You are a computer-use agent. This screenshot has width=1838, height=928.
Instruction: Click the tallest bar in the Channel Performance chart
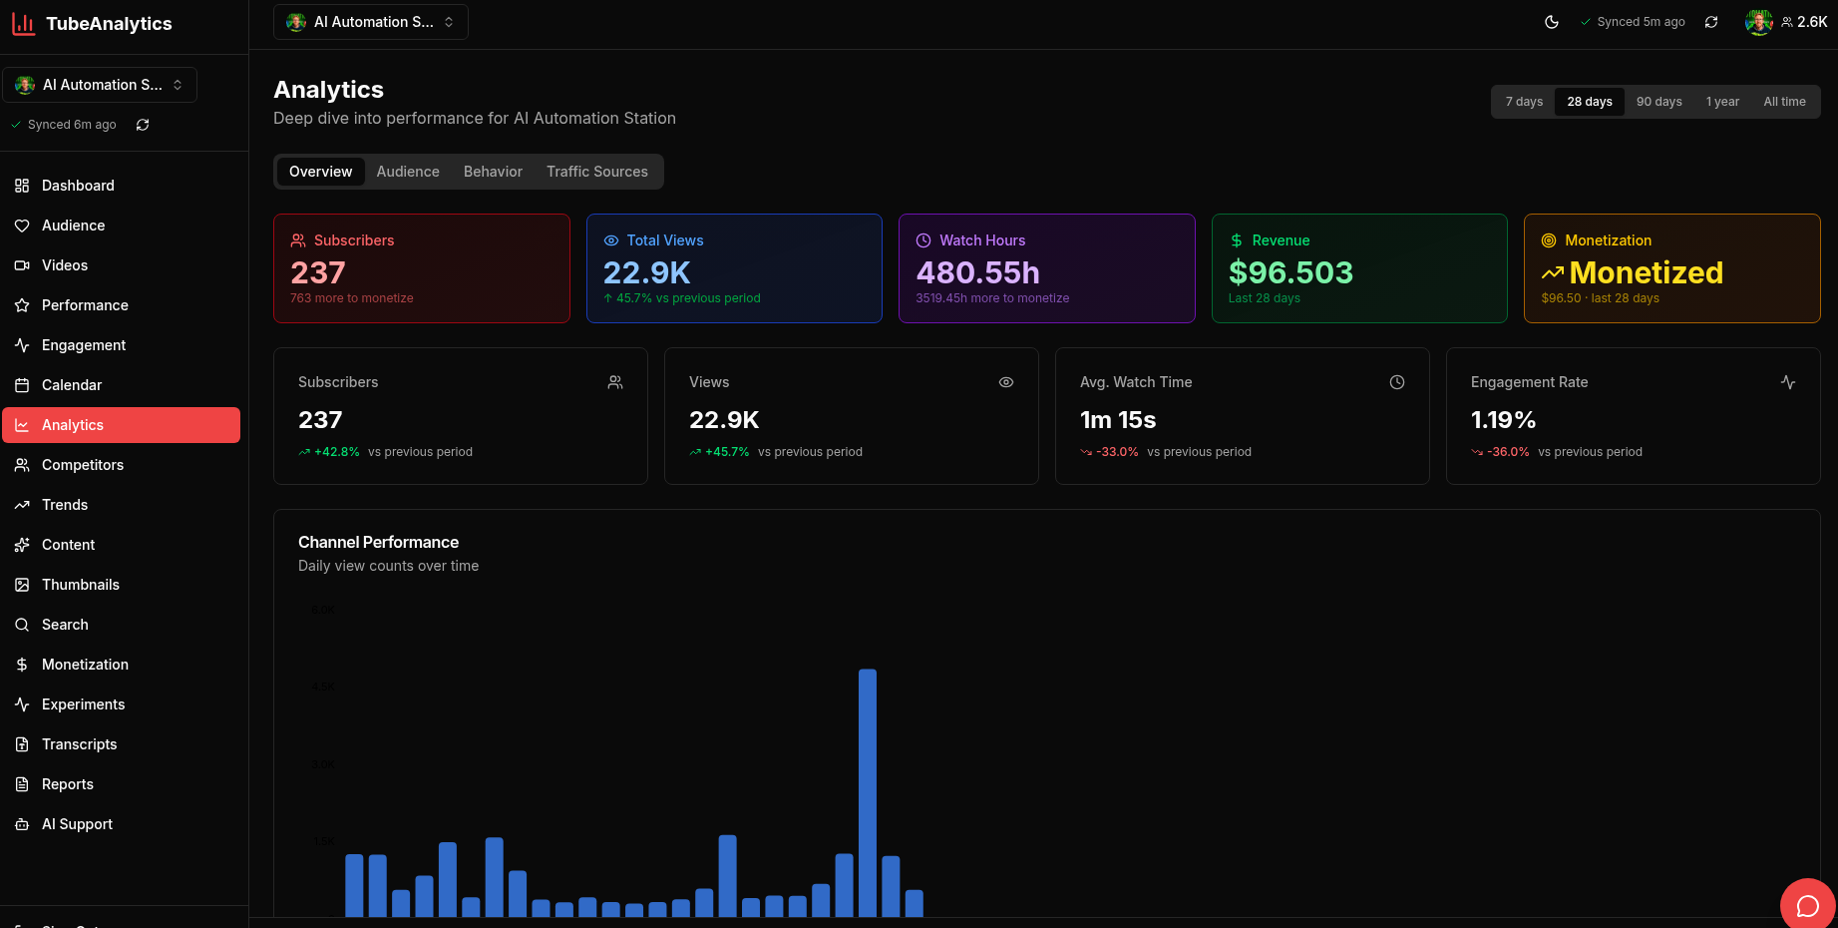[x=867, y=792]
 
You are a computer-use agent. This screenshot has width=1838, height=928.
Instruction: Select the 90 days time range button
[x=1658, y=102]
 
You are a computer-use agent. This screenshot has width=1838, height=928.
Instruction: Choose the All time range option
[x=1784, y=102]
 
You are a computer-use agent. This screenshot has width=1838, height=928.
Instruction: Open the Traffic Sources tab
[x=596, y=172]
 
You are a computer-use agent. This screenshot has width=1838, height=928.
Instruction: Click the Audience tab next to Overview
[x=408, y=172]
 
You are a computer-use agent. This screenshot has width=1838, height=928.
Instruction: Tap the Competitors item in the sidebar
[x=83, y=465]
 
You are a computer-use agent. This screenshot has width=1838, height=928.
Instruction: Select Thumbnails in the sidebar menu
[x=81, y=585]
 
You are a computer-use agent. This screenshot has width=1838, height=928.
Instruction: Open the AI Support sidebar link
[x=77, y=824]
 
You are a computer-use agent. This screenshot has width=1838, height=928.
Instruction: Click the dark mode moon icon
[x=1552, y=22]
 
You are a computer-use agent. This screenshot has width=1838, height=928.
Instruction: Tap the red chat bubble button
[x=1807, y=905]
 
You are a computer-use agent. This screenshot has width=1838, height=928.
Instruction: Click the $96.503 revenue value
[x=1290, y=272]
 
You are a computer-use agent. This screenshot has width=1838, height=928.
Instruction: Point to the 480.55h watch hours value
[x=977, y=272]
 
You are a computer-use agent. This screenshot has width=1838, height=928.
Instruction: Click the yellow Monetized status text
[x=1646, y=272]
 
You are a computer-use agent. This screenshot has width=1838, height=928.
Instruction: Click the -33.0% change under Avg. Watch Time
[x=1117, y=452]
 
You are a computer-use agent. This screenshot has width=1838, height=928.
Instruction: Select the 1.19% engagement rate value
[x=1503, y=420]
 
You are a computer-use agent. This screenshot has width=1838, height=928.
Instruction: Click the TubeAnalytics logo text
[x=109, y=24]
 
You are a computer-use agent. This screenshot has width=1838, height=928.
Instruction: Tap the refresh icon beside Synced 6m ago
[x=143, y=125]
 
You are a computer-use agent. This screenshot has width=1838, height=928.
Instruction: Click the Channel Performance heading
[x=378, y=542]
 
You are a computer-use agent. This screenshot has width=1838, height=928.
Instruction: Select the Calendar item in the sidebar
[x=72, y=385]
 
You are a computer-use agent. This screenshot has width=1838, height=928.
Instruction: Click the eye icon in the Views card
[x=1006, y=382]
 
